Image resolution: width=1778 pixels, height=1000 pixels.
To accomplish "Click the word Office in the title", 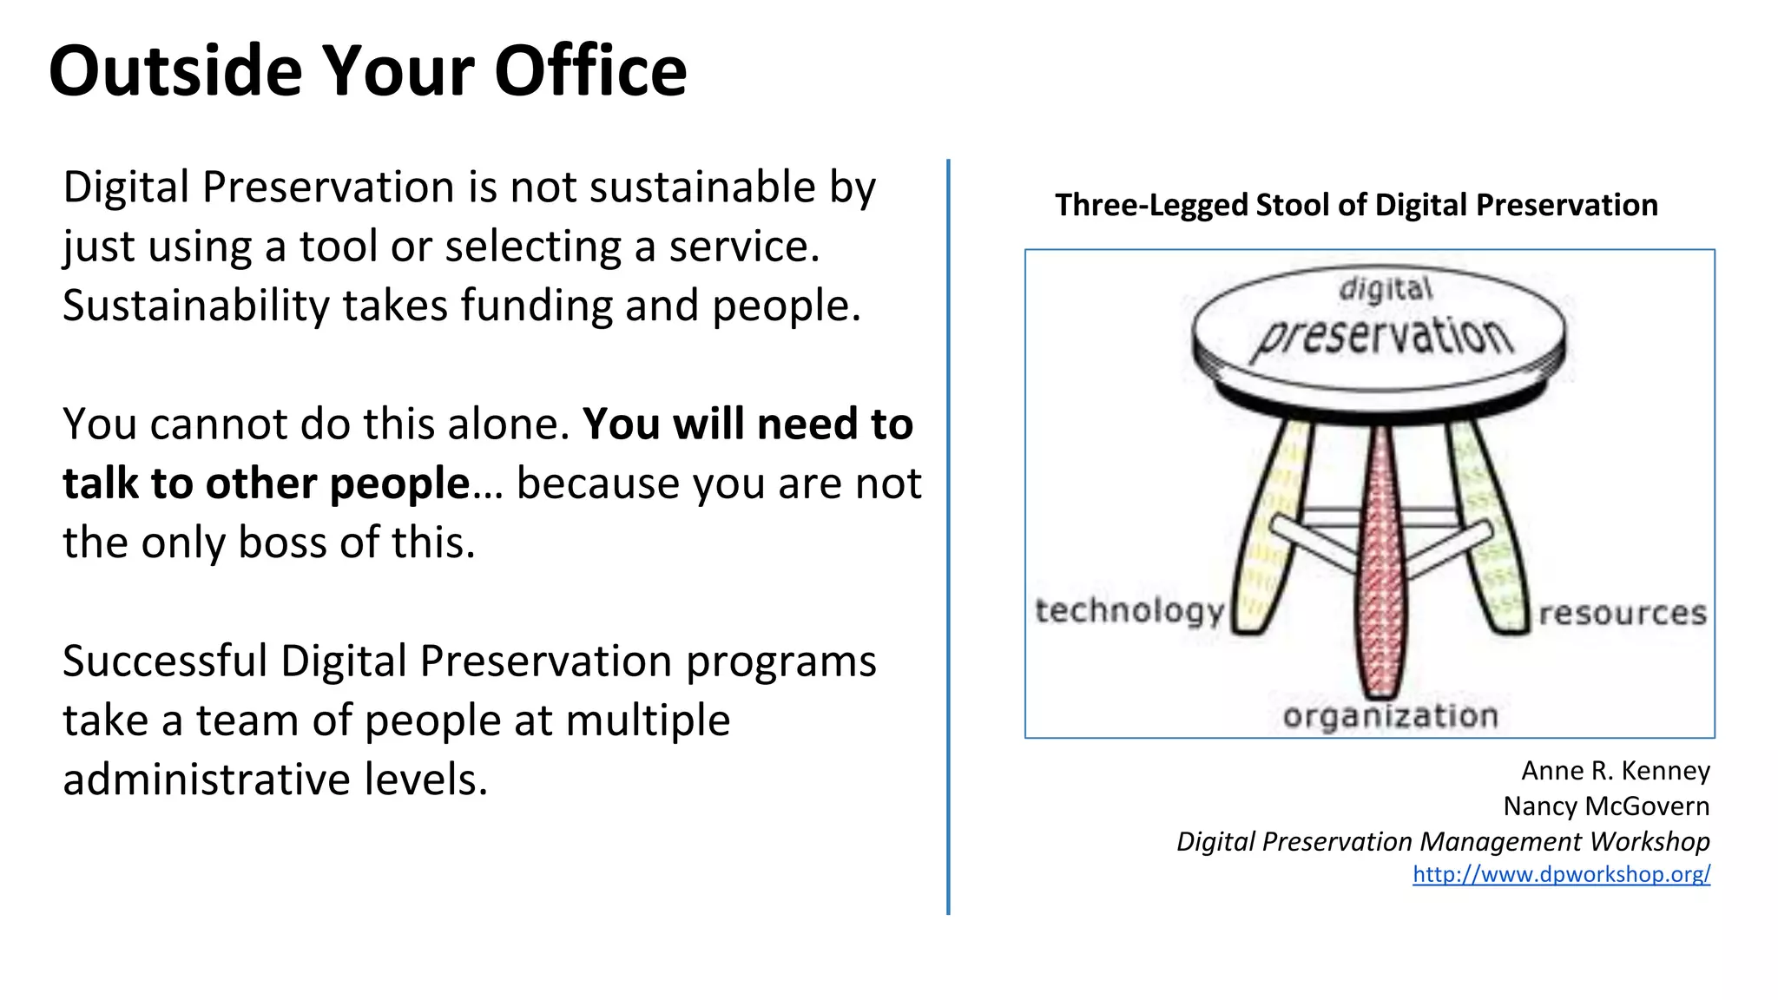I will click(590, 71).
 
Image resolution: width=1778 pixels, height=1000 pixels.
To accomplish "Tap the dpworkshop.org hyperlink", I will click(1561, 873).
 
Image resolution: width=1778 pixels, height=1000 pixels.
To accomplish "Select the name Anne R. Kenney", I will click(1615, 771).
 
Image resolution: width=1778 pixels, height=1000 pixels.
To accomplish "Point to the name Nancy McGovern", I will click(1606, 806).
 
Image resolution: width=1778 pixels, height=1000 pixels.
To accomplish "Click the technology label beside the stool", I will click(1129, 611).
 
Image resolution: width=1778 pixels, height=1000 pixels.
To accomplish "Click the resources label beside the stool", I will click(1622, 613).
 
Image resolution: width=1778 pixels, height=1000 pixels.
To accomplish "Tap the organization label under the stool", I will click(1390, 716).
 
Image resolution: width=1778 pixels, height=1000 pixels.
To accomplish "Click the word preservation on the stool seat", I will click(1382, 339).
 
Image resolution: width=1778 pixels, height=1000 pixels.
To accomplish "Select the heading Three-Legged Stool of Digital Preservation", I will click(1356, 205).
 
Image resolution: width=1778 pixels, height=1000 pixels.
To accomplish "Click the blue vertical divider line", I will click(948, 538).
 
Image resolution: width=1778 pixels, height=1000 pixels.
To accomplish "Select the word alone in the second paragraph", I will click(512, 424).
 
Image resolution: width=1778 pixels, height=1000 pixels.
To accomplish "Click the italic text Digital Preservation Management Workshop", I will click(1443, 841).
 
